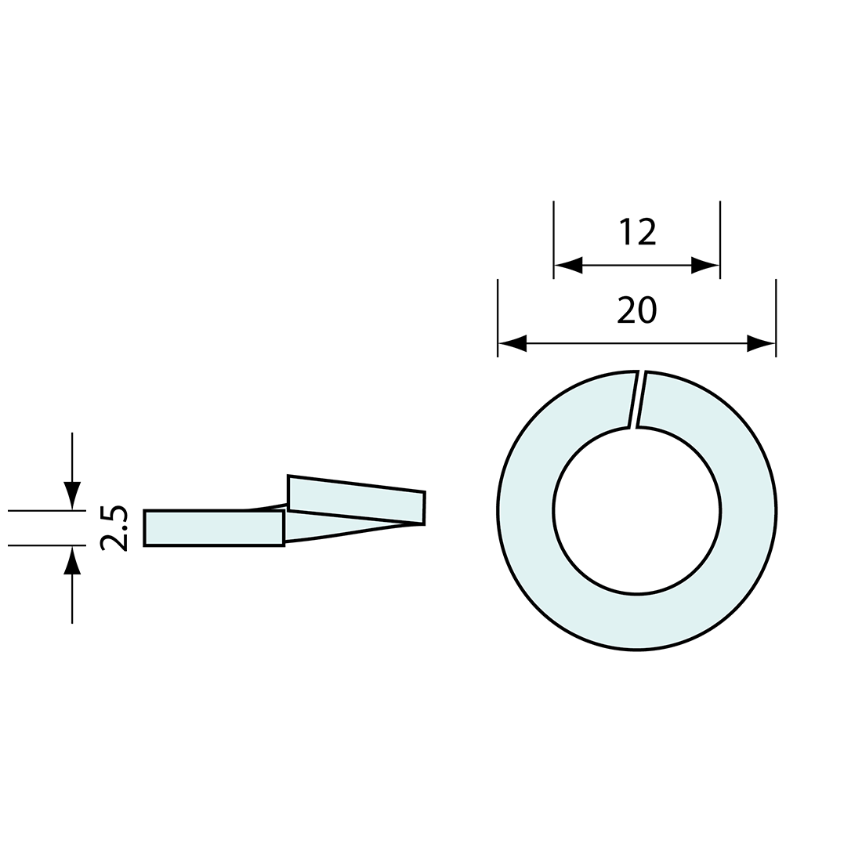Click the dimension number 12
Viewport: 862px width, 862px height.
[638, 232]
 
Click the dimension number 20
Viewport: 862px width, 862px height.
[636, 310]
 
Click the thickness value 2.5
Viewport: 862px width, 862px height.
[114, 527]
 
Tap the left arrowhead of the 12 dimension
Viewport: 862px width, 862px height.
[568, 265]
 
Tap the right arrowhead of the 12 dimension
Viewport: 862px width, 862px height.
[705, 265]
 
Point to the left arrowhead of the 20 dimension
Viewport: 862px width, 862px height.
[512, 343]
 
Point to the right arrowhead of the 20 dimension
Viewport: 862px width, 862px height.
[762, 343]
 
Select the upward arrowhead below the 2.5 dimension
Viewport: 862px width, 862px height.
[72, 560]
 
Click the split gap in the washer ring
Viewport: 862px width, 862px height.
[637, 399]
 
